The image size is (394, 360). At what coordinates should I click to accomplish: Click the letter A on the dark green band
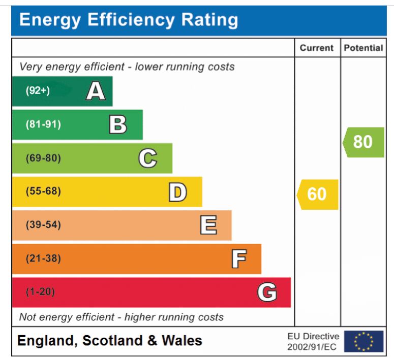tap(96, 91)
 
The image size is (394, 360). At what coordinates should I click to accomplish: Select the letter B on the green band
tap(118, 124)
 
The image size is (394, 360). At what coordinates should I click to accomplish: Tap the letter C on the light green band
tap(147, 158)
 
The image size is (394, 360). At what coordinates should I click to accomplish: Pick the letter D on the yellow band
tap(178, 192)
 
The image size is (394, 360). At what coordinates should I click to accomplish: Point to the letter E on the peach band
tap(208, 225)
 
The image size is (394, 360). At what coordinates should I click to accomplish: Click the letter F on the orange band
tap(239, 258)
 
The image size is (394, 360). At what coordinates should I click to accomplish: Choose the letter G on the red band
tap(267, 292)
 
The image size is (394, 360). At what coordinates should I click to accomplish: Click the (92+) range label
tap(38, 91)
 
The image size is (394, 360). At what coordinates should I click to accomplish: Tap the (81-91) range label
tap(43, 125)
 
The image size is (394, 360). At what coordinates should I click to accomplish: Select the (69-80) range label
tap(43, 158)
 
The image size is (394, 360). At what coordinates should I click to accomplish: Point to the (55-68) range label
tap(43, 192)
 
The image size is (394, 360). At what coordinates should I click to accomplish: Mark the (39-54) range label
tap(43, 225)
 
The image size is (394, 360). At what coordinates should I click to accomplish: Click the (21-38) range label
tap(43, 258)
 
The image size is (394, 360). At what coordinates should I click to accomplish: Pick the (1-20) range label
tap(40, 292)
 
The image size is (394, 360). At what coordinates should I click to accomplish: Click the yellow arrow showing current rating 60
tap(317, 194)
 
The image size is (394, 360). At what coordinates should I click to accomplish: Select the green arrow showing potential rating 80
tap(363, 142)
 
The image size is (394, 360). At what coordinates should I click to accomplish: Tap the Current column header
tap(317, 48)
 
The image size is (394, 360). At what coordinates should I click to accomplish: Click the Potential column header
tap(363, 48)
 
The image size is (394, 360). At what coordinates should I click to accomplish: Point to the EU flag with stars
tap(363, 341)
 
